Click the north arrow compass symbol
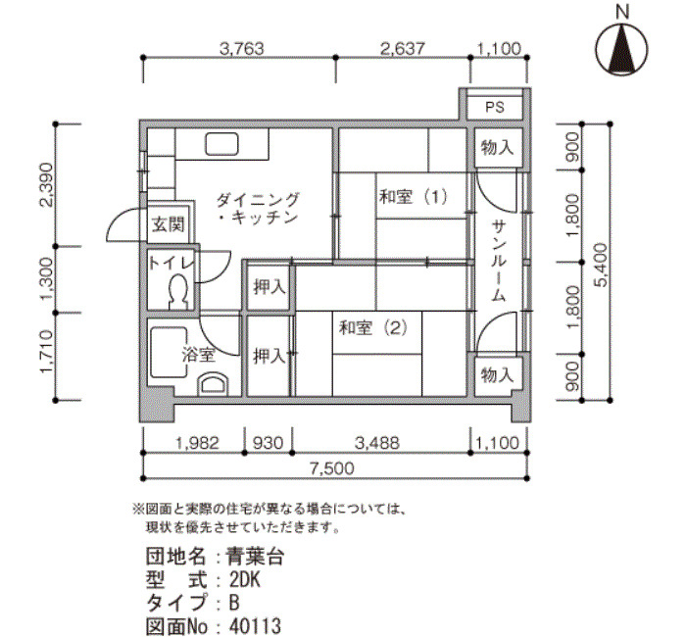click(x=621, y=49)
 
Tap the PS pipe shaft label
click(x=495, y=107)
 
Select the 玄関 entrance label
click(x=169, y=224)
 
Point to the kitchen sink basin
click(x=222, y=143)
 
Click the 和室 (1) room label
click(x=414, y=196)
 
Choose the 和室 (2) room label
click(x=373, y=327)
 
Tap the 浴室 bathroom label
click(x=199, y=355)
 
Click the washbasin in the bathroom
click(x=213, y=384)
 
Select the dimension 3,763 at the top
click(x=242, y=49)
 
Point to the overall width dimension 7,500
click(x=331, y=468)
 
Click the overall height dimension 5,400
click(x=603, y=265)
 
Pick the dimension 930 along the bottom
click(x=268, y=443)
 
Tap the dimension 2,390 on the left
click(x=46, y=184)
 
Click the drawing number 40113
click(x=255, y=626)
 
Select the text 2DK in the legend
click(x=245, y=580)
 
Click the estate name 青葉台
click(x=255, y=557)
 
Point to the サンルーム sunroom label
click(x=498, y=261)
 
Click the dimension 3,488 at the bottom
click(x=377, y=443)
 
